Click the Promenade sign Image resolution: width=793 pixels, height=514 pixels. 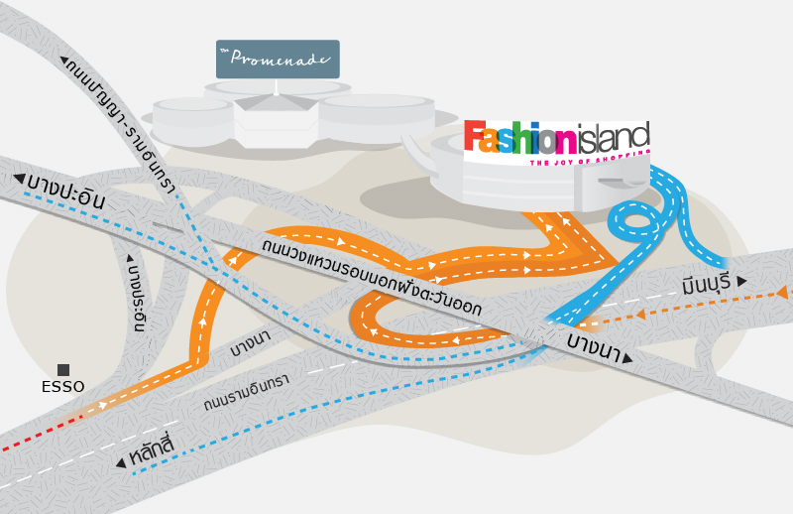(x=278, y=59)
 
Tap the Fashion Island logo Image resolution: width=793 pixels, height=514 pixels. (x=556, y=139)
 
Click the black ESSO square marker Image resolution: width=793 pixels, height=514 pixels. (x=63, y=370)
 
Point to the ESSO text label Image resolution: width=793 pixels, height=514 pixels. (x=63, y=387)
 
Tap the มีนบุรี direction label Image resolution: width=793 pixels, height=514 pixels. (x=706, y=285)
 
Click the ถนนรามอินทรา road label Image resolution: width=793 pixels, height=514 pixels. (x=246, y=393)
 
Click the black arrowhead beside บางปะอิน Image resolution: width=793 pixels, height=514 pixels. (x=19, y=179)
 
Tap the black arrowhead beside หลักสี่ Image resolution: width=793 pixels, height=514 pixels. (x=121, y=461)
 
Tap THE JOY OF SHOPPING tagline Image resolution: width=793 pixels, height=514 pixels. (x=589, y=158)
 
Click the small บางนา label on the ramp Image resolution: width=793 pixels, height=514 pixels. (x=250, y=346)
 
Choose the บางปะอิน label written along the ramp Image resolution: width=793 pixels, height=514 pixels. (x=138, y=296)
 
